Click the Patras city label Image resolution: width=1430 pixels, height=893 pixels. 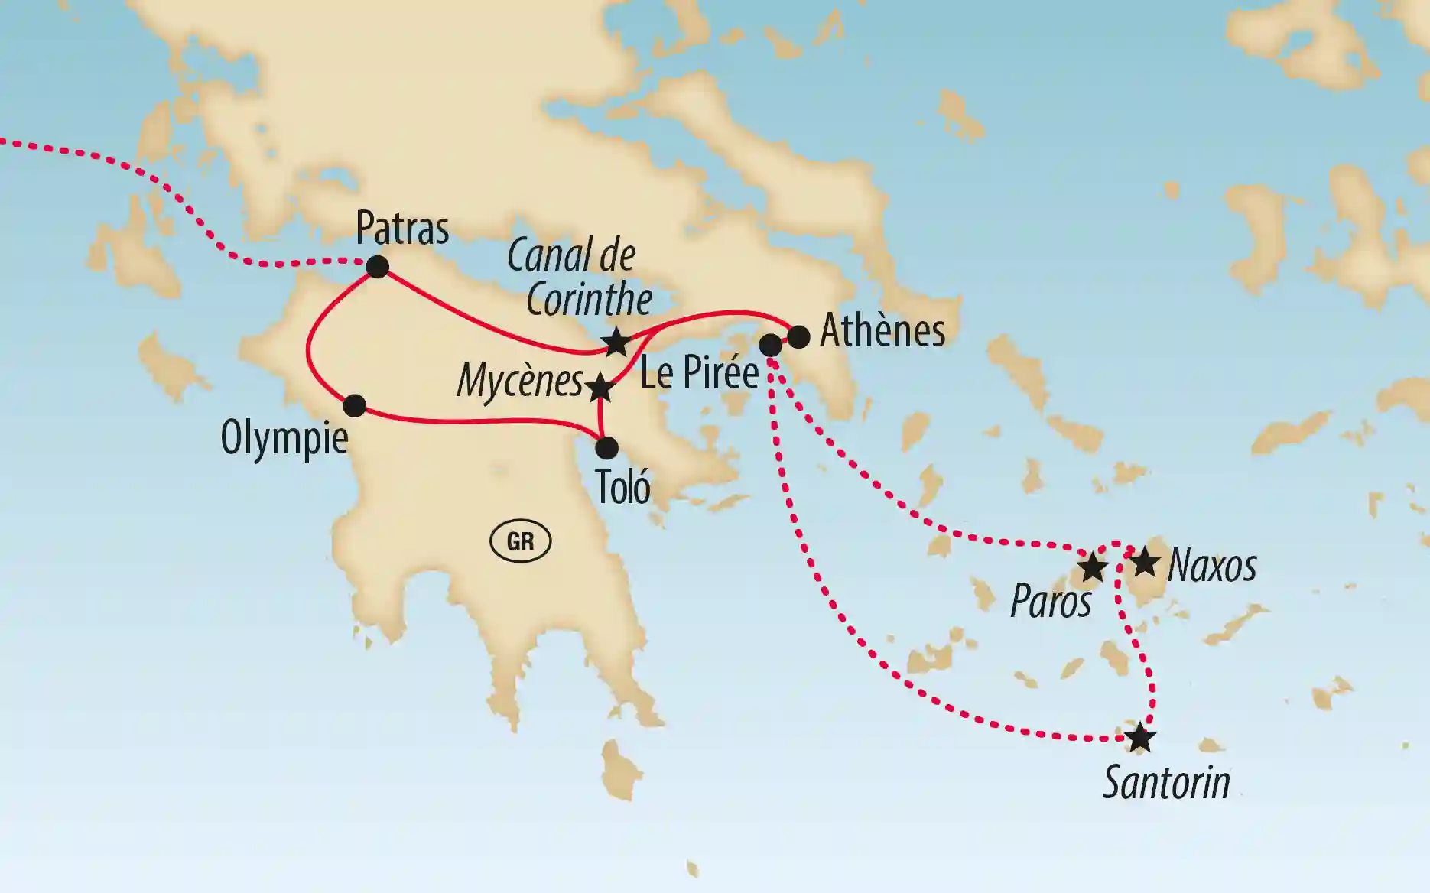402,228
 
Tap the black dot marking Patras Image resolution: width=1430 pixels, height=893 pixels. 377,266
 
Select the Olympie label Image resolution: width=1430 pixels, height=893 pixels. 284,438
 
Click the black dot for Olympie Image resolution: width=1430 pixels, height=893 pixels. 354,405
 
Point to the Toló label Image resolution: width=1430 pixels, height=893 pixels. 622,487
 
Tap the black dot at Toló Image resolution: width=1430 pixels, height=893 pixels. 606,447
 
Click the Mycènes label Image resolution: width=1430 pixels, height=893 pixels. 520,381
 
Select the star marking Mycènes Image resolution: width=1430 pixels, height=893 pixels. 600,388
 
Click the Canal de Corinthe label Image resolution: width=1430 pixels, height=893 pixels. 580,277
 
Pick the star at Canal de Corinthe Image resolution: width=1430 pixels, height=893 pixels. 616,342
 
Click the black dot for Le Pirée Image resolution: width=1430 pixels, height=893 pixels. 771,345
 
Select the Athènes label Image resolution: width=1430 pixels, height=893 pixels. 882,330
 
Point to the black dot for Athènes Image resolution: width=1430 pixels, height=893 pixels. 798,337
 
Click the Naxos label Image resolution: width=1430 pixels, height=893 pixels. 1212,566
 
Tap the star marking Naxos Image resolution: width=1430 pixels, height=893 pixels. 1145,563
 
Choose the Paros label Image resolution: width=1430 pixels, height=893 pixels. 1051,602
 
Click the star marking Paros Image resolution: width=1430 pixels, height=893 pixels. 1092,568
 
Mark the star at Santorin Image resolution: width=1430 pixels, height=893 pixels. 1140,738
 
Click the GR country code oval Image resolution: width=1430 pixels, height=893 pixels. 520,541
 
